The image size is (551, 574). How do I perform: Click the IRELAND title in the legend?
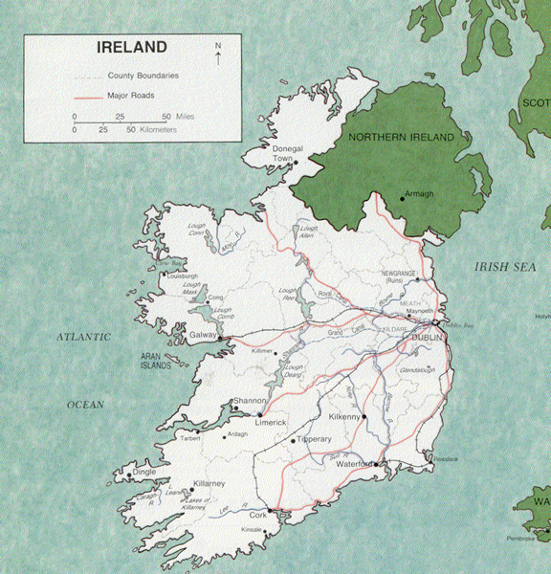132,47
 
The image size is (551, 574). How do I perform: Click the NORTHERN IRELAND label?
401,138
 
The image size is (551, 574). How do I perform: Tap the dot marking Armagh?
402,199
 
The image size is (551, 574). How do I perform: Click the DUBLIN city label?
427,339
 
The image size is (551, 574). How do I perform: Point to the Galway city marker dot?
221,338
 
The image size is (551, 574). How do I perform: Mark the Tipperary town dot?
293,441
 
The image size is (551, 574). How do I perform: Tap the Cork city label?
258,515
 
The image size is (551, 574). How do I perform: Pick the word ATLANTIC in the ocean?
83,337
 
